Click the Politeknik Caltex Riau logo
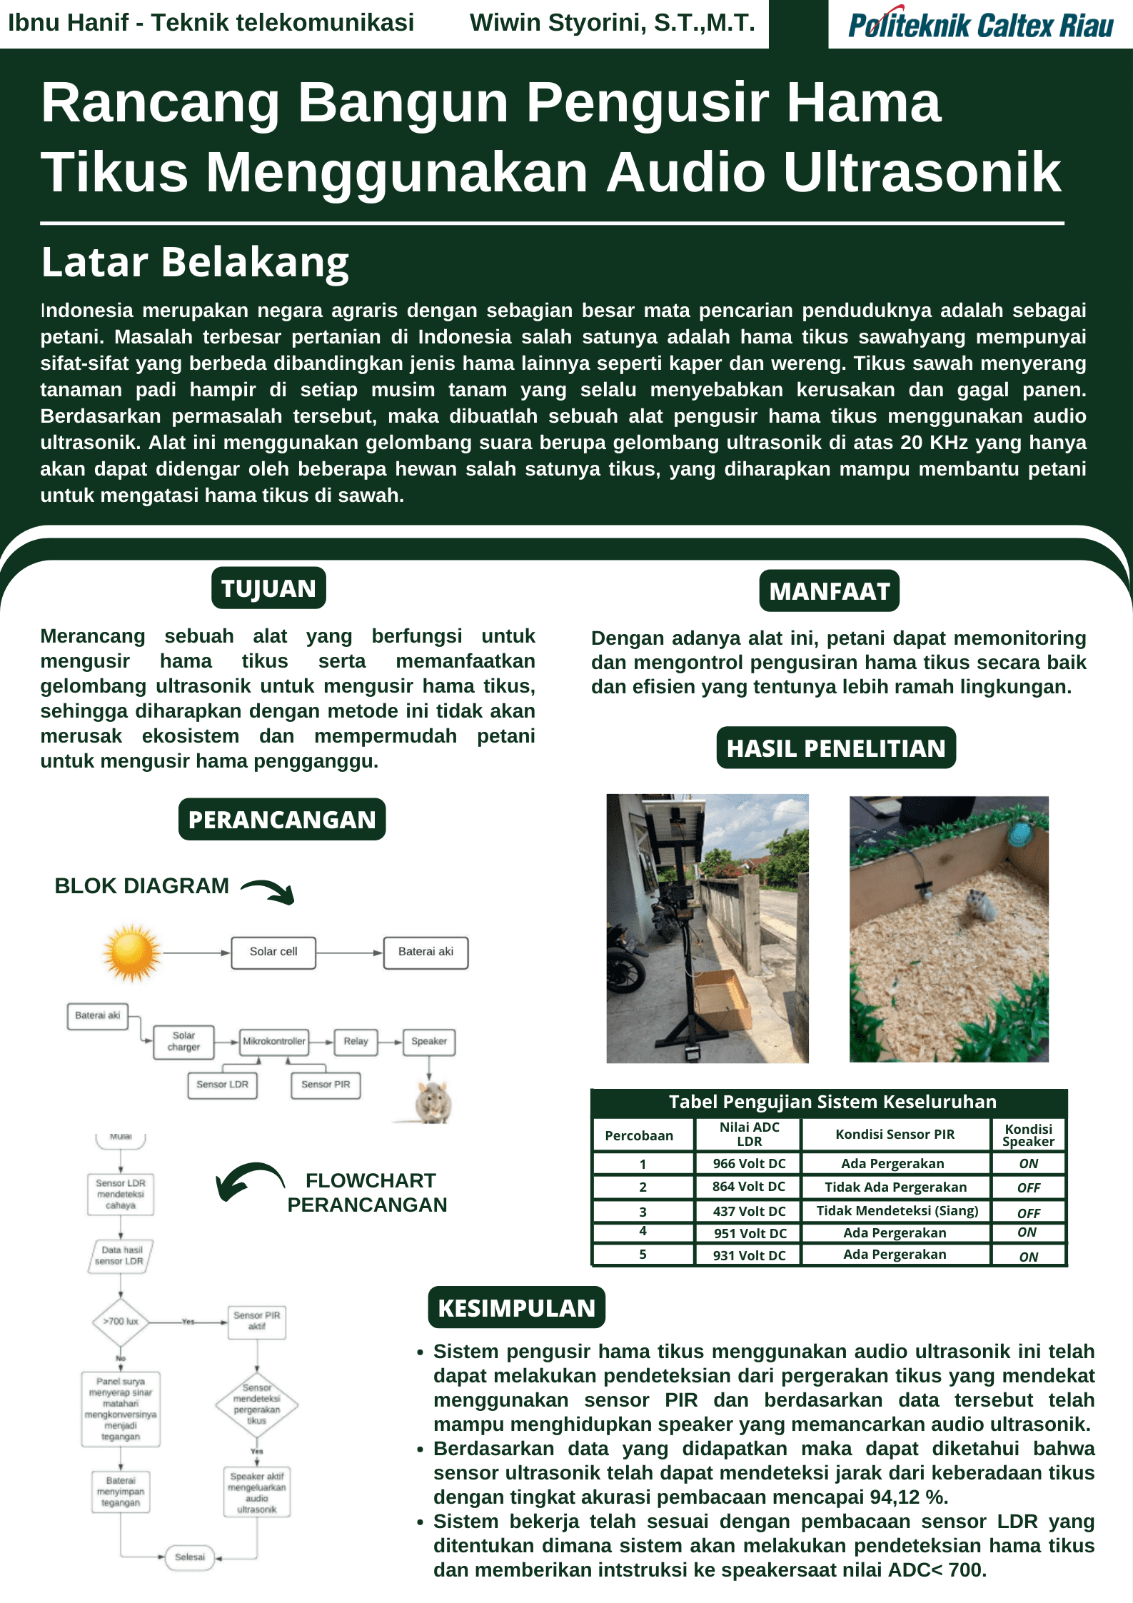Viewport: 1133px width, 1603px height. pyautogui.click(x=980, y=24)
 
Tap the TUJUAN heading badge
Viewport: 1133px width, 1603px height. pyautogui.click(x=268, y=588)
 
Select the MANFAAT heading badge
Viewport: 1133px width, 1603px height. pyautogui.click(x=829, y=591)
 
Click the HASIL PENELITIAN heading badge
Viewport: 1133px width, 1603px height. pyautogui.click(x=835, y=748)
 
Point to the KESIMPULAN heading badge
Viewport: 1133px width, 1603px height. pyautogui.click(x=516, y=1307)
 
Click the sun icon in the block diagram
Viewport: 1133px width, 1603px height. pyautogui.click(x=131, y=952)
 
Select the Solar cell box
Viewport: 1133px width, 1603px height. pyautogui.click(x=273, y=952)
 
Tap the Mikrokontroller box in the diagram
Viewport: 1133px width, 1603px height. pyautogui.click(x=274, y=1041)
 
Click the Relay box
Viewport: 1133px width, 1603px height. pyautogui.click(x=356, y=1041)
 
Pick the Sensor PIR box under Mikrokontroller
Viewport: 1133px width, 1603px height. pyautogui.click(x=326, y=1085)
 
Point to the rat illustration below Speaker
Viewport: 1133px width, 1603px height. pyautogui.click(x=433, y=1101)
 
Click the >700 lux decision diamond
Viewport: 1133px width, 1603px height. pyautogui.click(x=120, y=1322)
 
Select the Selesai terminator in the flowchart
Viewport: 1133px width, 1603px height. pyautogui.click(x=190, y=1557)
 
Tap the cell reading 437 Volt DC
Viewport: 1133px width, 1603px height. pyautogui.click(x=749, y=1212)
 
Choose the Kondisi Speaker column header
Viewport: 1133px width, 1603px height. pyautogui.click(x=1028, y=1135)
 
